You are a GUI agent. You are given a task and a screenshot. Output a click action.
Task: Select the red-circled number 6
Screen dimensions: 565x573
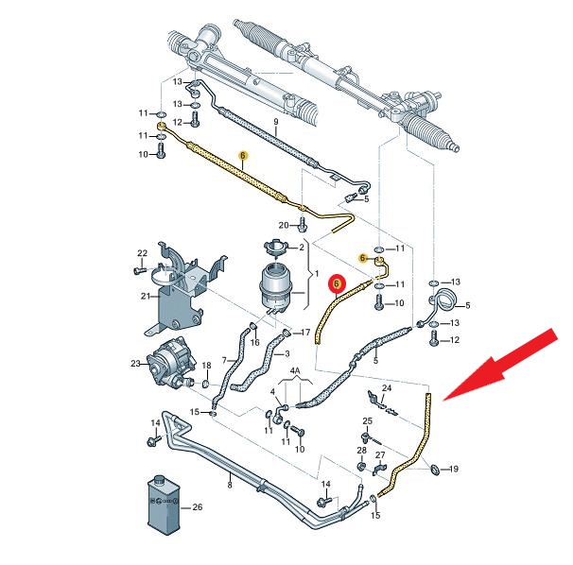338,282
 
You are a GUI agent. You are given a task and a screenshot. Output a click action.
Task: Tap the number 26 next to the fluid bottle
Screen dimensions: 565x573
197,507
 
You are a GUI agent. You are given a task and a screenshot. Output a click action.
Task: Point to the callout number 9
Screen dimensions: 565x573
275,123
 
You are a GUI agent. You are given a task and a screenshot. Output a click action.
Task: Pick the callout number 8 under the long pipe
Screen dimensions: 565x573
229,485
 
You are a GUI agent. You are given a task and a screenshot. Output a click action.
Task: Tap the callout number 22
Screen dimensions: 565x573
142,253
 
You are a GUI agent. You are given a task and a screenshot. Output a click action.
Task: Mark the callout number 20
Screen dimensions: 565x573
283,225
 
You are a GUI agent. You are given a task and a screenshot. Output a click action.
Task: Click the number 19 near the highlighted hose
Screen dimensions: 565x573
452,470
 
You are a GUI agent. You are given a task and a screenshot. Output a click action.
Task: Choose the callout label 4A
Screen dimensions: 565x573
293,371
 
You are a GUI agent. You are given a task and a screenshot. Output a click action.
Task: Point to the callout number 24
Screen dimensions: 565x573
386,388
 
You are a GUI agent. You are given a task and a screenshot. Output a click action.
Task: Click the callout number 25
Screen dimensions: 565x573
368,420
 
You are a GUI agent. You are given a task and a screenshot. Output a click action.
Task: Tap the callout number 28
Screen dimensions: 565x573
361,451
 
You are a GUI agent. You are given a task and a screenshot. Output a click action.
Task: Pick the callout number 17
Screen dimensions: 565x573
304,332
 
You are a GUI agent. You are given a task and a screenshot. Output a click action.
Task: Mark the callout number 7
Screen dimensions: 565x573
224,360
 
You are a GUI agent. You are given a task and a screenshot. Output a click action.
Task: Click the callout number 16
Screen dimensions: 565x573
254,343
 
